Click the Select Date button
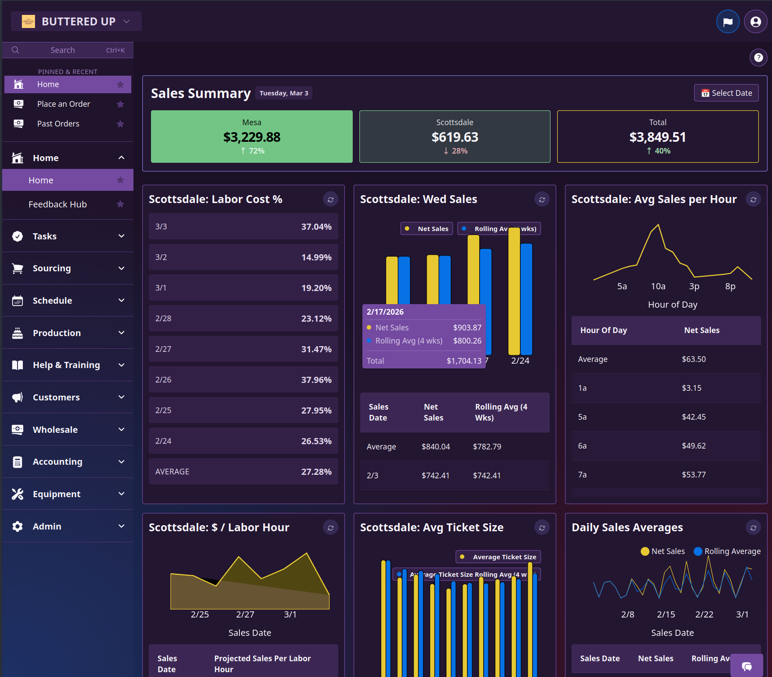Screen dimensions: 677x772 (726, 93)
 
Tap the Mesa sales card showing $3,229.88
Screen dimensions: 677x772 (252, 137)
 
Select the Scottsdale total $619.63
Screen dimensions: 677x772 (455, 137)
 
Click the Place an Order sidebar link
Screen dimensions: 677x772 (63, 104)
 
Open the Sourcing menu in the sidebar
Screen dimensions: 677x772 (68, 268)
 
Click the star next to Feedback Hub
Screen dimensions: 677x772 (120, 204)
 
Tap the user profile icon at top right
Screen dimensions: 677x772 (755, 21)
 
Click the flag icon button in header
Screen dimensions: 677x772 (727, 21)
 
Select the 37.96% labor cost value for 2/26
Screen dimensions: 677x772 (316, 380)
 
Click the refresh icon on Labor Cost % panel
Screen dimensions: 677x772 (330, 200)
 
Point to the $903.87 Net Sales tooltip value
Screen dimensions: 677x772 (467, 328)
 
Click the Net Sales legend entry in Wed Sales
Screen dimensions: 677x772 (427, 229)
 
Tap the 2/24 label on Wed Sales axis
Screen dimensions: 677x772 (520, 361)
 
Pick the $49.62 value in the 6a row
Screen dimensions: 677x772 (693, 446)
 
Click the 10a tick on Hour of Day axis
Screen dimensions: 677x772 (658, 286)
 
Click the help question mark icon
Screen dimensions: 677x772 (758, 57)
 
